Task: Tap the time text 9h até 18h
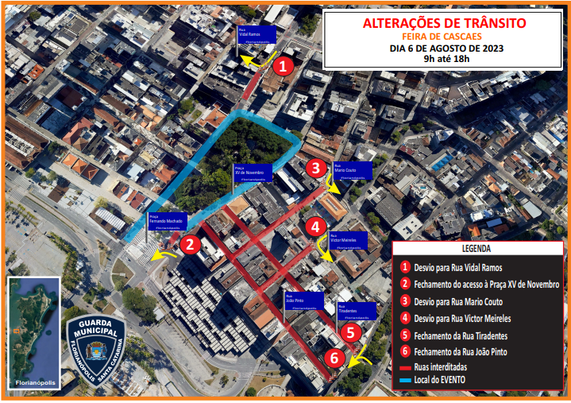446,58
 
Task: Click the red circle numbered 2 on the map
190,245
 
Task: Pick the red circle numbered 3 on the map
315,168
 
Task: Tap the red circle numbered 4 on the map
315,227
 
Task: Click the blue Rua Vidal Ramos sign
256,34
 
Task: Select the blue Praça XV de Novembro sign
253,172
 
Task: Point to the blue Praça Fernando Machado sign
165,222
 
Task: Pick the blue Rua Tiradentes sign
356,310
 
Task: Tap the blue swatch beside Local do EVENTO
406,381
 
